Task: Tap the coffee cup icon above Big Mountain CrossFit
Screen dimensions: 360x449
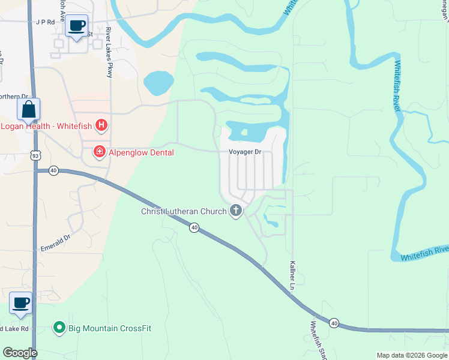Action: point(21,303)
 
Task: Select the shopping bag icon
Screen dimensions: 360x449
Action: point(28,110)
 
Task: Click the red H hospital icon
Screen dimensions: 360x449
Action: point(102,125)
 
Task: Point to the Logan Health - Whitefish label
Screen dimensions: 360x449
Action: point(47,126)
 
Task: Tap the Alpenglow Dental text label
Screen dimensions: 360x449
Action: point(141,152)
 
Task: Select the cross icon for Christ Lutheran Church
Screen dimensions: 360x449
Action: point(236,211)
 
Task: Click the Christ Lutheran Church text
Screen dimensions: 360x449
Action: point(184,211)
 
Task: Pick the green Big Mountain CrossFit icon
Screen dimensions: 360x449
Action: point(59,328)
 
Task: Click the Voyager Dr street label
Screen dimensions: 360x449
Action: point(245,152)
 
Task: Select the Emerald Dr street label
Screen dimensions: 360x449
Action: point(55,242)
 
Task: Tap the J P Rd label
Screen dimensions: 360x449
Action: point(45,22)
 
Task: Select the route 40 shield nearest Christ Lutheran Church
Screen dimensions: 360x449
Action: point(194,227)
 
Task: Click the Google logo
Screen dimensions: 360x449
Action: point(20,353)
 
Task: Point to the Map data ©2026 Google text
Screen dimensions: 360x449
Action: point(411,355)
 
